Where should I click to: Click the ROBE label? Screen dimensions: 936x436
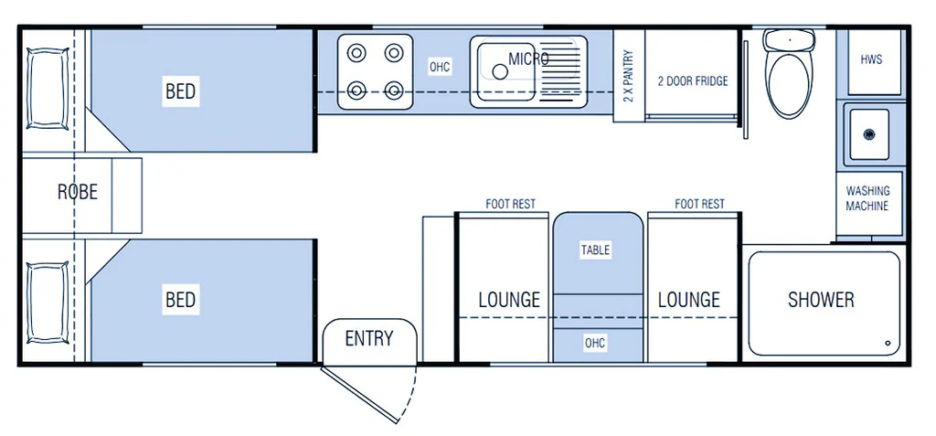point(78,192)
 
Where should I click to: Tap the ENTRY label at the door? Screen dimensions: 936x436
point(369,338)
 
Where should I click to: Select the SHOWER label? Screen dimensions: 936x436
point(821,299)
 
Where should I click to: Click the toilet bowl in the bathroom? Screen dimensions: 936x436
point(790,83)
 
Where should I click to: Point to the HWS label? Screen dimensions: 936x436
point(871,59)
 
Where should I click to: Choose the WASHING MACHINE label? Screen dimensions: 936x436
point(867,198)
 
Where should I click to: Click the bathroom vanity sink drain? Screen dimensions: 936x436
point(869,133)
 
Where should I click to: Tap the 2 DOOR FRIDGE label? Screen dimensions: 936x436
point(693,81)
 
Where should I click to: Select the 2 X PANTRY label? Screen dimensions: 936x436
point(628,76)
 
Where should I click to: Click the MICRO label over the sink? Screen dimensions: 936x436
point(528,58)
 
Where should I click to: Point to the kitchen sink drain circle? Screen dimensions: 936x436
point(500,72)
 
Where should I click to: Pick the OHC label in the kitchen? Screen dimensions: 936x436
point(440,67)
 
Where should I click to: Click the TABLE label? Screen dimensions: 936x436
point(595,250)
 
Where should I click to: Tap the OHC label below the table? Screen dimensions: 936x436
point(595,343)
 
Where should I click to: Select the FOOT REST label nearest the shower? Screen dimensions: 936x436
point(699,204)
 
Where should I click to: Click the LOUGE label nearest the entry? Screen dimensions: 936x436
point(509,299)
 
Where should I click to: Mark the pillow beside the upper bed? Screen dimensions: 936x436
point(47,90)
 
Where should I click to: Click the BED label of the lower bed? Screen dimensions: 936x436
point(180,299)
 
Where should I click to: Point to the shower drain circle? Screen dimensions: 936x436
point(888,344)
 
